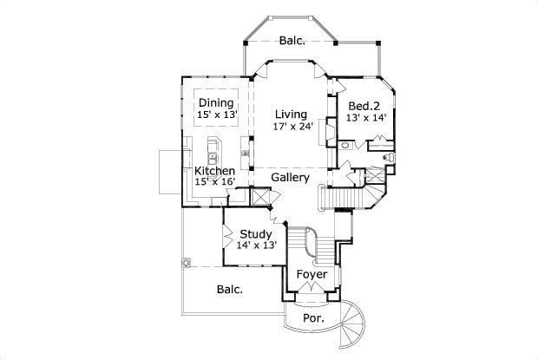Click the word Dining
point(215,103)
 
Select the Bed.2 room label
point(364,107)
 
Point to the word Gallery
point(290,178)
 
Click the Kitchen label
point(213,171)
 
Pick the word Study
point(256,233)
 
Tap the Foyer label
point(312,274)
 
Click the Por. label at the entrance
point(313,318)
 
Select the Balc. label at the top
point(292,40)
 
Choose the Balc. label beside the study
point(229,289)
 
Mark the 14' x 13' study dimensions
point(256,245)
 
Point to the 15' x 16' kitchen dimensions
point(213,181)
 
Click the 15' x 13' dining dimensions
point(215,115)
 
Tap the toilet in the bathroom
point(387,157)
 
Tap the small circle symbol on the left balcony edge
point(185,263)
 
